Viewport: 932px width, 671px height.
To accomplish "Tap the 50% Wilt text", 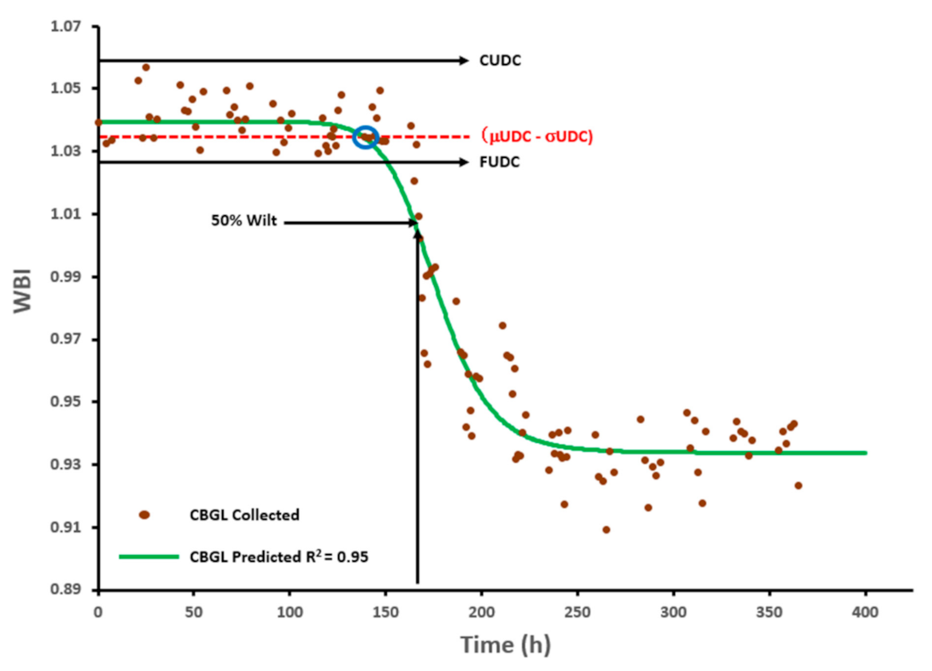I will (244, 223).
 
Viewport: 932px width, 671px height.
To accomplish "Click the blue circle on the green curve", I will (366, 137).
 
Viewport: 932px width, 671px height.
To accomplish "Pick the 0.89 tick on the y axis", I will (70, 590).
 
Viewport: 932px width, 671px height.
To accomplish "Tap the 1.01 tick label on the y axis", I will (70, 214).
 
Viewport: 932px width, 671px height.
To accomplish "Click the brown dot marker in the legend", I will (144, 515).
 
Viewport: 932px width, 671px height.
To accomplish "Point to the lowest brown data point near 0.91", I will (606, 529).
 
